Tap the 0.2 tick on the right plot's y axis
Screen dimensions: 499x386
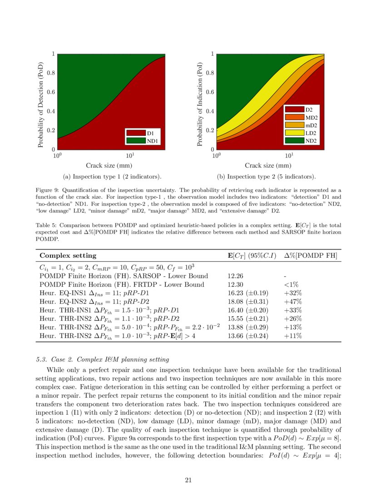click(x=209, y=130)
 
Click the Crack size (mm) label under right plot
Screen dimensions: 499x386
click(x=268, y=166)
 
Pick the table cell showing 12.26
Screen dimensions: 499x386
click(x=235, y=276)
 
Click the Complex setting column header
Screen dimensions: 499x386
click(x=68, y=256)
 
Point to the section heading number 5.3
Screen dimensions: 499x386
click(x=41, y=360)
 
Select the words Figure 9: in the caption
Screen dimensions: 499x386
click(x=47, y=190)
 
